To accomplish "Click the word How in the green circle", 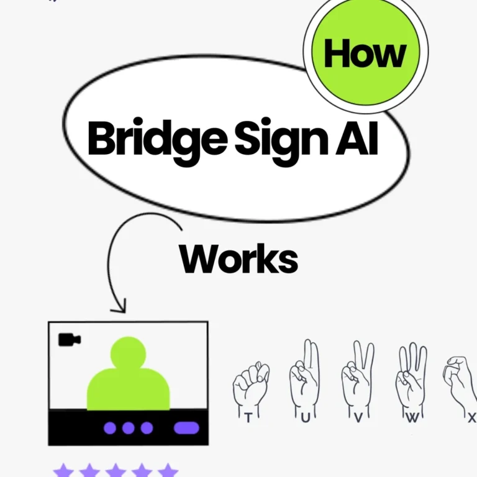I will click(x=365, y=54).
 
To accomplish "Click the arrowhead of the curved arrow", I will click(x=119, y=306).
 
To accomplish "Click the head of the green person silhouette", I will click(x=128, y=353).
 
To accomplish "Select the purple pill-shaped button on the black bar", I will click(x=186, y=428).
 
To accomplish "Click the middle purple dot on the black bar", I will click(x=129, y=428).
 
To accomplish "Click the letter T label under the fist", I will click(x=248, y=419).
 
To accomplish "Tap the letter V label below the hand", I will click(x=358, y=419).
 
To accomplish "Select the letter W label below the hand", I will click(x=412, y=419).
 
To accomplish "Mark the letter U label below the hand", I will click(x=305, y=419).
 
